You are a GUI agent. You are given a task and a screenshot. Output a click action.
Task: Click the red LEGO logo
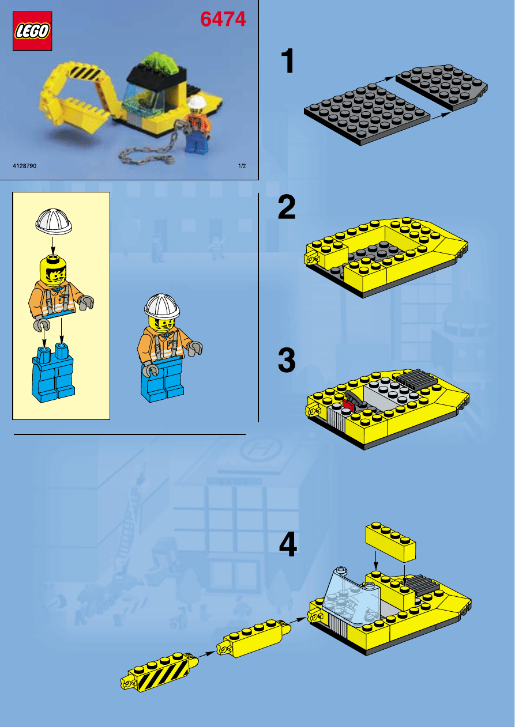pos(32,31)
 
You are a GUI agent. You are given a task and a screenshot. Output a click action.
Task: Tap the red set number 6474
pos(223,19)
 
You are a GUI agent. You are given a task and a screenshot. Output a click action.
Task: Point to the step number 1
pos(288,60)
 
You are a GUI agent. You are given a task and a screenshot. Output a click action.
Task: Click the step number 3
pos(287,360)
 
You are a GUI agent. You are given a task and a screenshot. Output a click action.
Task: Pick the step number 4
pos(288,544)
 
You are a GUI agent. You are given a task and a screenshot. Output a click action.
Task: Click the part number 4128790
pos(25,166)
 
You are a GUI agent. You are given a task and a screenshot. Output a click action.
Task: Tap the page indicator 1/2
pos(242,166)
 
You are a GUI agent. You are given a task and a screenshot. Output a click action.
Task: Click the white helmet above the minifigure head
pos(54,222)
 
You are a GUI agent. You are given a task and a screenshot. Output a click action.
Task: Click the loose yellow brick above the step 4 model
pos(390,542)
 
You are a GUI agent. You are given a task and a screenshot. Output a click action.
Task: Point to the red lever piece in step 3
pos(348,404)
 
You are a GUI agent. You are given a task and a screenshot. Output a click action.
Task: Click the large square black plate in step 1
pos(367,114)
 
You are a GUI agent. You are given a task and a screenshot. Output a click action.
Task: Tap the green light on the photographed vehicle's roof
pos(159,62)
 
